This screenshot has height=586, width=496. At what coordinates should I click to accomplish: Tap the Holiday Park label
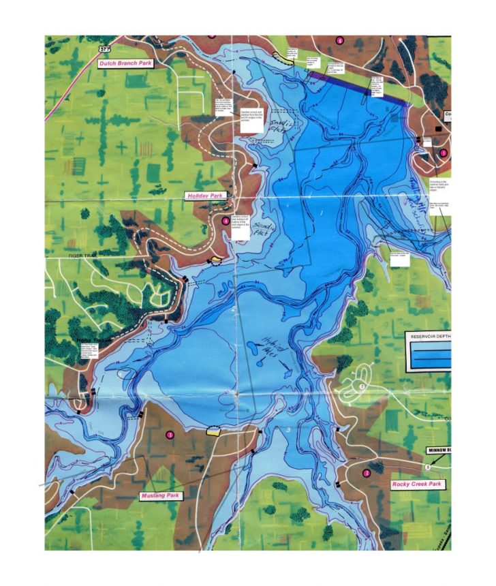pyautogui.click(x=204, y=196)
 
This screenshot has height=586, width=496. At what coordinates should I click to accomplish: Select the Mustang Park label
pyautogui.click(x=160, y=495)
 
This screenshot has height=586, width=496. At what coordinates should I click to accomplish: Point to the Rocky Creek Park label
pyautogui.click(x=417, y=484)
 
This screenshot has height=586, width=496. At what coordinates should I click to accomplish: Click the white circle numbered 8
pyautogui.click(x=427, y=467)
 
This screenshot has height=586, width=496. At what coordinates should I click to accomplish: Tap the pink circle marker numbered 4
pyautogui.click(x=226, y=220)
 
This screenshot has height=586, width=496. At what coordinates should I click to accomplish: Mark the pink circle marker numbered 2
pyautogui.click(x=367, y=473)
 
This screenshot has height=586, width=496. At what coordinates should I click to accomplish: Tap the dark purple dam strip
pyautogui.click(x=361, y=87)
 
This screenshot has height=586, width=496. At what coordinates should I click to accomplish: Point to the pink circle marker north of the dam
pyautogui.click(x=340, y=40)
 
